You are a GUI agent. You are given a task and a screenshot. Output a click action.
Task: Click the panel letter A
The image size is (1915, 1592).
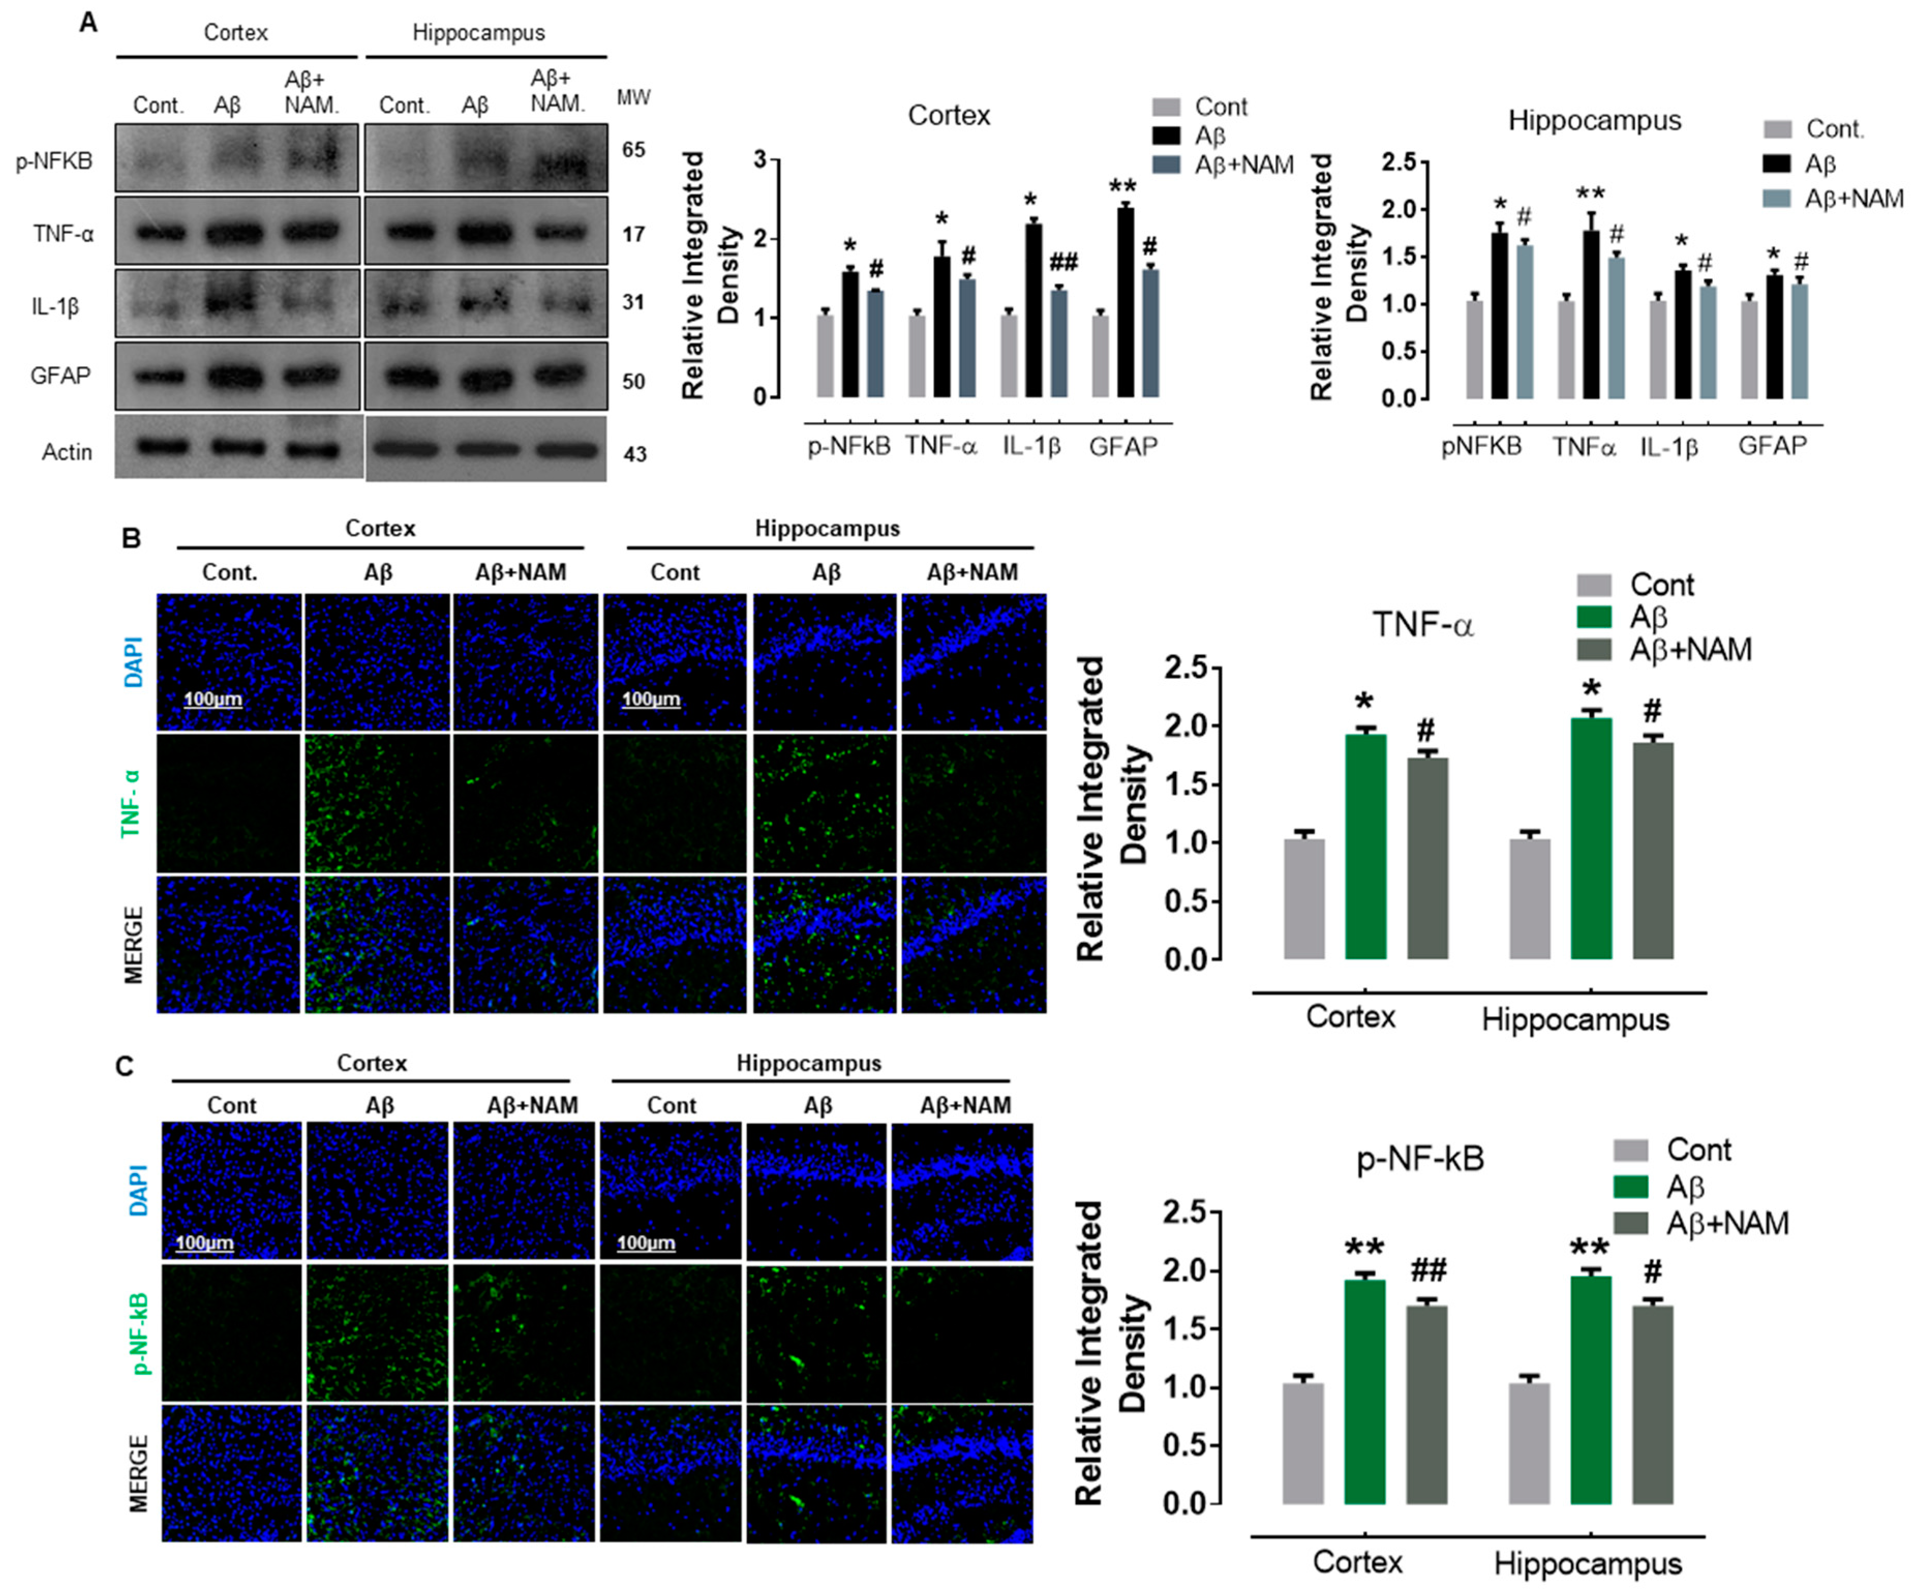click(88, 22)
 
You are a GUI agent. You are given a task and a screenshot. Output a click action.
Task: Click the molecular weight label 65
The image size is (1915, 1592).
click(634, 150)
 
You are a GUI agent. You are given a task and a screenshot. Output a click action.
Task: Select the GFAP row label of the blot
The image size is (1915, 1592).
click(60, 375)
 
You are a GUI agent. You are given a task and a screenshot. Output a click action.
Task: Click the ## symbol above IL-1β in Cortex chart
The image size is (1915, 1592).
click(1063, 264)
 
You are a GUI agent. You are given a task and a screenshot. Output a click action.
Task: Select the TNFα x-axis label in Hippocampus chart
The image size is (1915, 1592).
click(1584, 447)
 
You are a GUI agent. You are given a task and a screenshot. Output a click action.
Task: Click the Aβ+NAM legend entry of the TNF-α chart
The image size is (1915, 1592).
click(1690, 649)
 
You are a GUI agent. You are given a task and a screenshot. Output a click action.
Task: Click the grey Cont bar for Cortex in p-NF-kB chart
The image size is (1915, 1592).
click(1303, 1444)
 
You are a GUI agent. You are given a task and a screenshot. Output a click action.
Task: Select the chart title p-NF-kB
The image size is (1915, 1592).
click(1420, 1158)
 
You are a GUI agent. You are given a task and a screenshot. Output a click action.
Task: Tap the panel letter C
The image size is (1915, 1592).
click(124, 1066)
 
